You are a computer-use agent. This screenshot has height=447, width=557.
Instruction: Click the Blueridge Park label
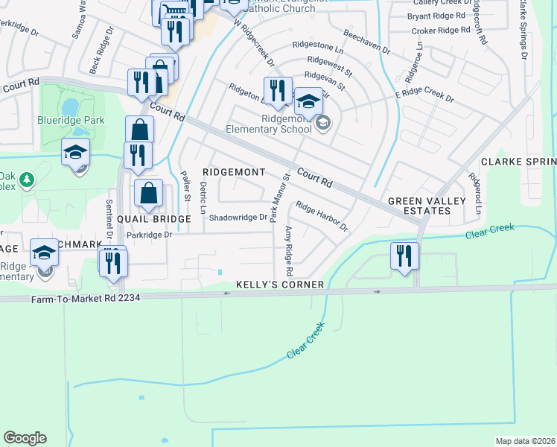[x=71, y=120]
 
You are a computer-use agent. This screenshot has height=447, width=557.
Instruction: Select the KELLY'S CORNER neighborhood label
[x=280, y=285]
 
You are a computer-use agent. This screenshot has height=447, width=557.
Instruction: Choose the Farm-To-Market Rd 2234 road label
[x=86, y=297]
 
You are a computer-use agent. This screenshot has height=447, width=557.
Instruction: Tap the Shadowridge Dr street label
[x=238, y=218]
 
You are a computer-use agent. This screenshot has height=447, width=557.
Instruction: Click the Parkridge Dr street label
[x=149, y=235]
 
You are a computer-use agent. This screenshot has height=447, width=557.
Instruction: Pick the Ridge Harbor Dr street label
[x=322, y=216]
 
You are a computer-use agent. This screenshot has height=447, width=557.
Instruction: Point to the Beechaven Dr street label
[x=366, y=42]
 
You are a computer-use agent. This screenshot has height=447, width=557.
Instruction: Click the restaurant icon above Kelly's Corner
[x=404, y=257]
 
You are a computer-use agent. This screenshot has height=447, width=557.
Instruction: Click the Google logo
[x=25, y=438]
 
